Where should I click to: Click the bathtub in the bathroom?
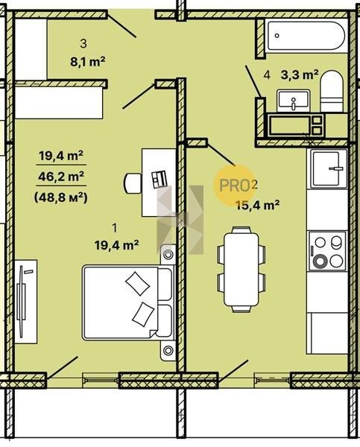click(x=306, y=36)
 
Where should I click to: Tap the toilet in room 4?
click(x=332, y=91)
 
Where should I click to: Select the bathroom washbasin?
click(x=294, y=101)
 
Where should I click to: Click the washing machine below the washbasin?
click(x=295, y=125)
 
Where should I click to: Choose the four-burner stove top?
click(x=327, y=251)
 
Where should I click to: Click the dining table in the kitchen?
click(x=241, y=270)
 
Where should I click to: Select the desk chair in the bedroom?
click(x=133, y=183)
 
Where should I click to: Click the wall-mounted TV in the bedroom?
click(x=22, y=301)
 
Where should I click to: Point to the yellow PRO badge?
click(x=235, y=186)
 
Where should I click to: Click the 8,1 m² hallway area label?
click(x=88, y=61)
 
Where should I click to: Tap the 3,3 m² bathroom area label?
click(x=300, y=75)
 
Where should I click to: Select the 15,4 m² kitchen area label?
click(x=258, y=205)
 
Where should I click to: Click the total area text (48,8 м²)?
click(x=61, y=197)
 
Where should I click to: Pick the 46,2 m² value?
click(x=61, y=177)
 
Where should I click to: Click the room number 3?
click(x=83, y=44)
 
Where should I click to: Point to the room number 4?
click(x=267, y=75)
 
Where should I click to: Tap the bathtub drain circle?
click(x=277, y=36)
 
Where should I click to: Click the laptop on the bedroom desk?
click(x=159, y=180)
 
